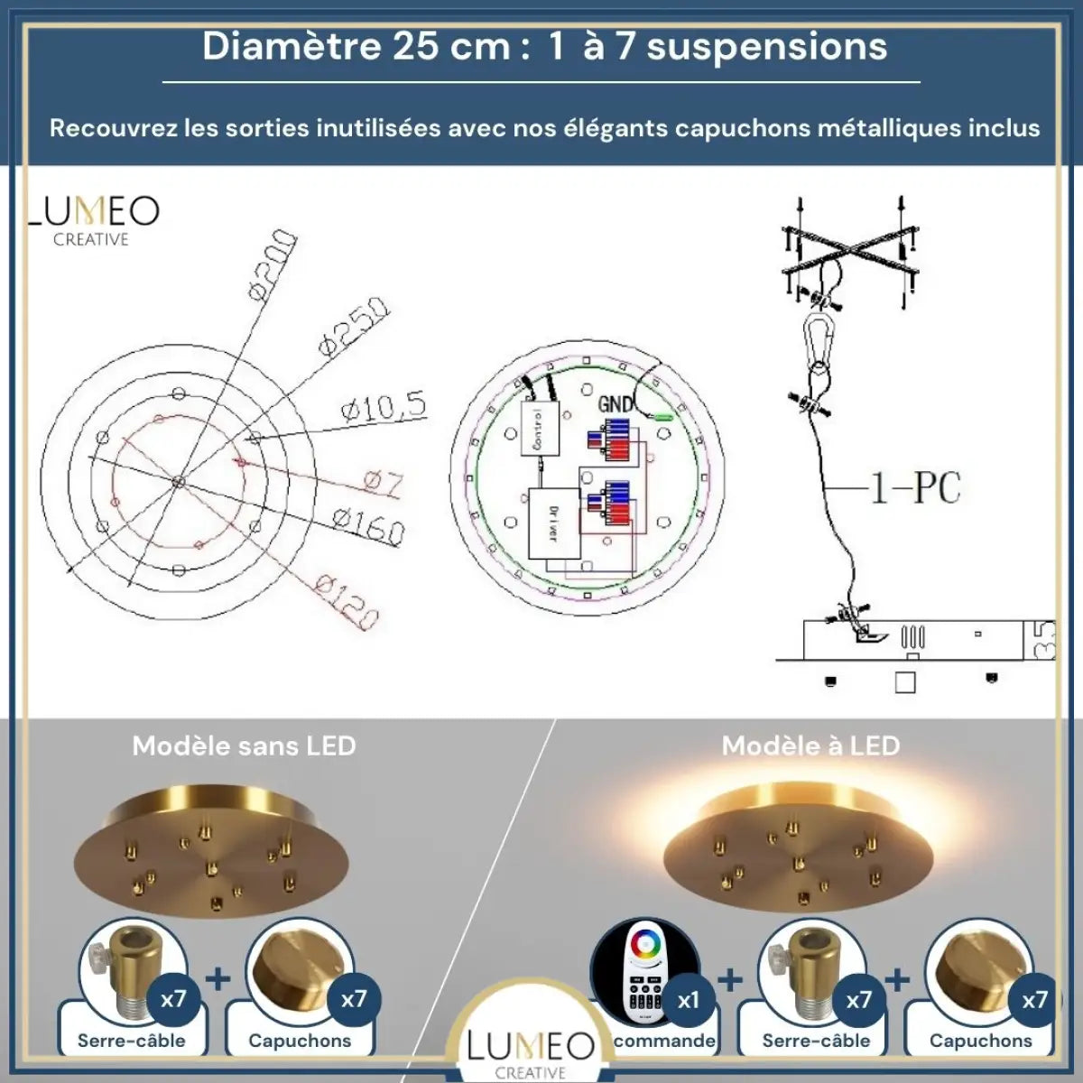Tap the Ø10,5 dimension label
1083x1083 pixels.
(x=384, y=409)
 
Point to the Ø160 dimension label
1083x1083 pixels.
(x=367, y=526)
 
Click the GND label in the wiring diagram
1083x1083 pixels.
(x=616, y=403)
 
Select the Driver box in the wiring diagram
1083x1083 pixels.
(x=552, y=523)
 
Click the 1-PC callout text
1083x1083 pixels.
(x=914, y=488)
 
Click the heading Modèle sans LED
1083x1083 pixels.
(x=244, y=745)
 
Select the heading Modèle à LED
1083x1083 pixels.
(x=810, y=745)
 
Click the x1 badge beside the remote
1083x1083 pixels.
(x=688, y=1000)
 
